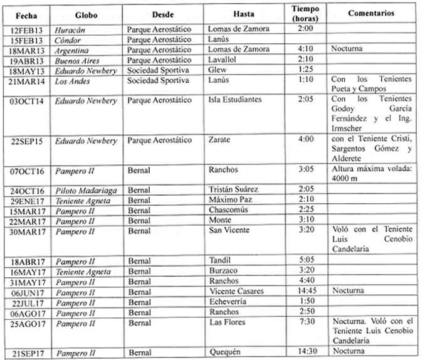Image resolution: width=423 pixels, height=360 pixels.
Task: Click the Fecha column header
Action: tap(26, 14)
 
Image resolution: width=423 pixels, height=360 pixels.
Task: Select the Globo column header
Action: tap(86, 14)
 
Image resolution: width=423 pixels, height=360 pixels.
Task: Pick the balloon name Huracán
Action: tap(69, 29)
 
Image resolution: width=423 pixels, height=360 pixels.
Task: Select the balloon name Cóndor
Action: tap(67, 39)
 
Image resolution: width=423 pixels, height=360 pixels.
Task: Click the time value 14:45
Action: tap(306, 291)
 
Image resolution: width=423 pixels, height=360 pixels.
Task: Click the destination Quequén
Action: tap(224, 352)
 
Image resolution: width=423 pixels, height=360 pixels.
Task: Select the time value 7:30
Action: tap(306, 322)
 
